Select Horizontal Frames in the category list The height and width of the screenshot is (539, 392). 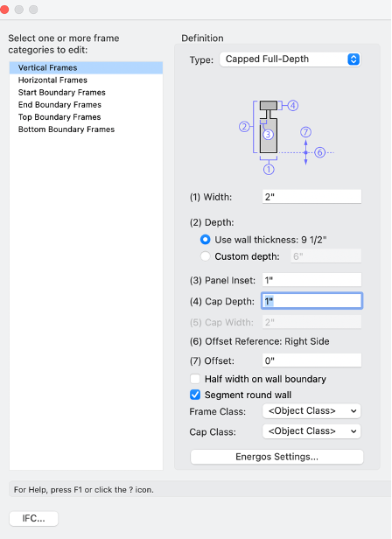(x=52, y=80)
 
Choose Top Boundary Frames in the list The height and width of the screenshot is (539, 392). (x=59, y=117)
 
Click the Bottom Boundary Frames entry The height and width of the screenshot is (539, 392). (x=66, y=129)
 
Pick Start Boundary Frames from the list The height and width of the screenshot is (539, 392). (x=62, y=93)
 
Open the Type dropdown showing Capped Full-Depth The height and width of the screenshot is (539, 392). (x=290, y=59)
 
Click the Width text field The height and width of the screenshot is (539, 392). (x=311, y=197)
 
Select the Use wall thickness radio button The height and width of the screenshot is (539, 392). (x=206, y=240)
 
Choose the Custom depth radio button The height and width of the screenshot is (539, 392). (x=206, y=256)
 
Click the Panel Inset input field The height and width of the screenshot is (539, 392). (x=311, y=280)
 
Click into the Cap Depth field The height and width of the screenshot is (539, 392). (x=311, y=301)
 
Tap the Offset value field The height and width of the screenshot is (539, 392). (x=311, y=360)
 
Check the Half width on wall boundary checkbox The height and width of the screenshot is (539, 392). (x=195, y=379)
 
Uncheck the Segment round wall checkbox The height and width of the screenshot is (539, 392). (x=195, y=395)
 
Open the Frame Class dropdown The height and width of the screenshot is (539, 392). (x=311, y=411)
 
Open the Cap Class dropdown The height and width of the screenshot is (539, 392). (x=311, y=431)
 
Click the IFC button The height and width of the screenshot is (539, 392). (x=34, y=518)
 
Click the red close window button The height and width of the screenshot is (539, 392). (x=4, y=10)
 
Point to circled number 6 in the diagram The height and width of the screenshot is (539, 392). (x=319, y=152)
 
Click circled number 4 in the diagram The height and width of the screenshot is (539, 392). (x=292, y=106)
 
